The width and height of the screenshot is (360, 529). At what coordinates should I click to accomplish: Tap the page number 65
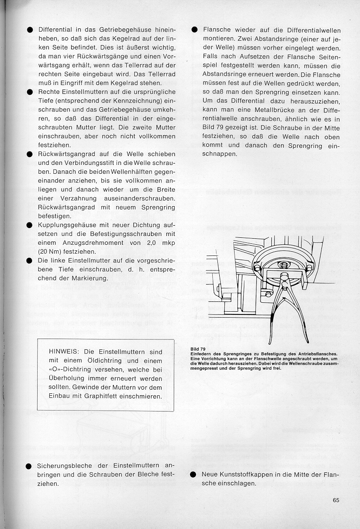[336, 500]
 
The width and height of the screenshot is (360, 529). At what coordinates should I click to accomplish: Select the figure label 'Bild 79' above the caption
[198, 349]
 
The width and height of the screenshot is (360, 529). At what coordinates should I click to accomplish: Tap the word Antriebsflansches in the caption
[313, 354]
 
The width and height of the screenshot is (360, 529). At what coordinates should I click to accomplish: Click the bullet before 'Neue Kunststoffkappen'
[194, 475]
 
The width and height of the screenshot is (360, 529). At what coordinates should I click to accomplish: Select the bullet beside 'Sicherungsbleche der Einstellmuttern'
[29, 466]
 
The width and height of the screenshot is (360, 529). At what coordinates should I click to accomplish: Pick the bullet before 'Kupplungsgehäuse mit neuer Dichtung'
[29, 225]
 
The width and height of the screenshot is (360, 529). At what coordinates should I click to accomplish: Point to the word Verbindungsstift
[84, 163]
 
